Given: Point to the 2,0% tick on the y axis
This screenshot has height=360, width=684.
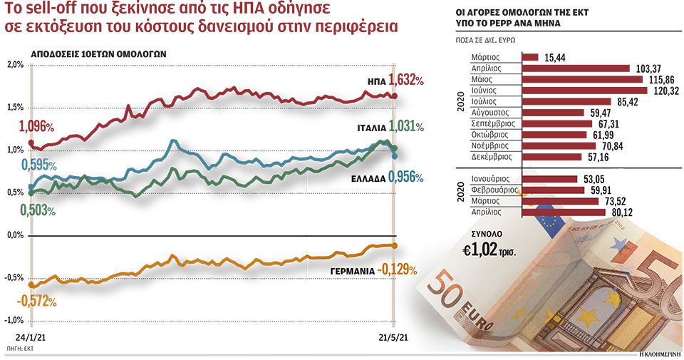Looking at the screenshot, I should (x=15, y=65).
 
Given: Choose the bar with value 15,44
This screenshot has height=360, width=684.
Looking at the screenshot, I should (x=531, y=57).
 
